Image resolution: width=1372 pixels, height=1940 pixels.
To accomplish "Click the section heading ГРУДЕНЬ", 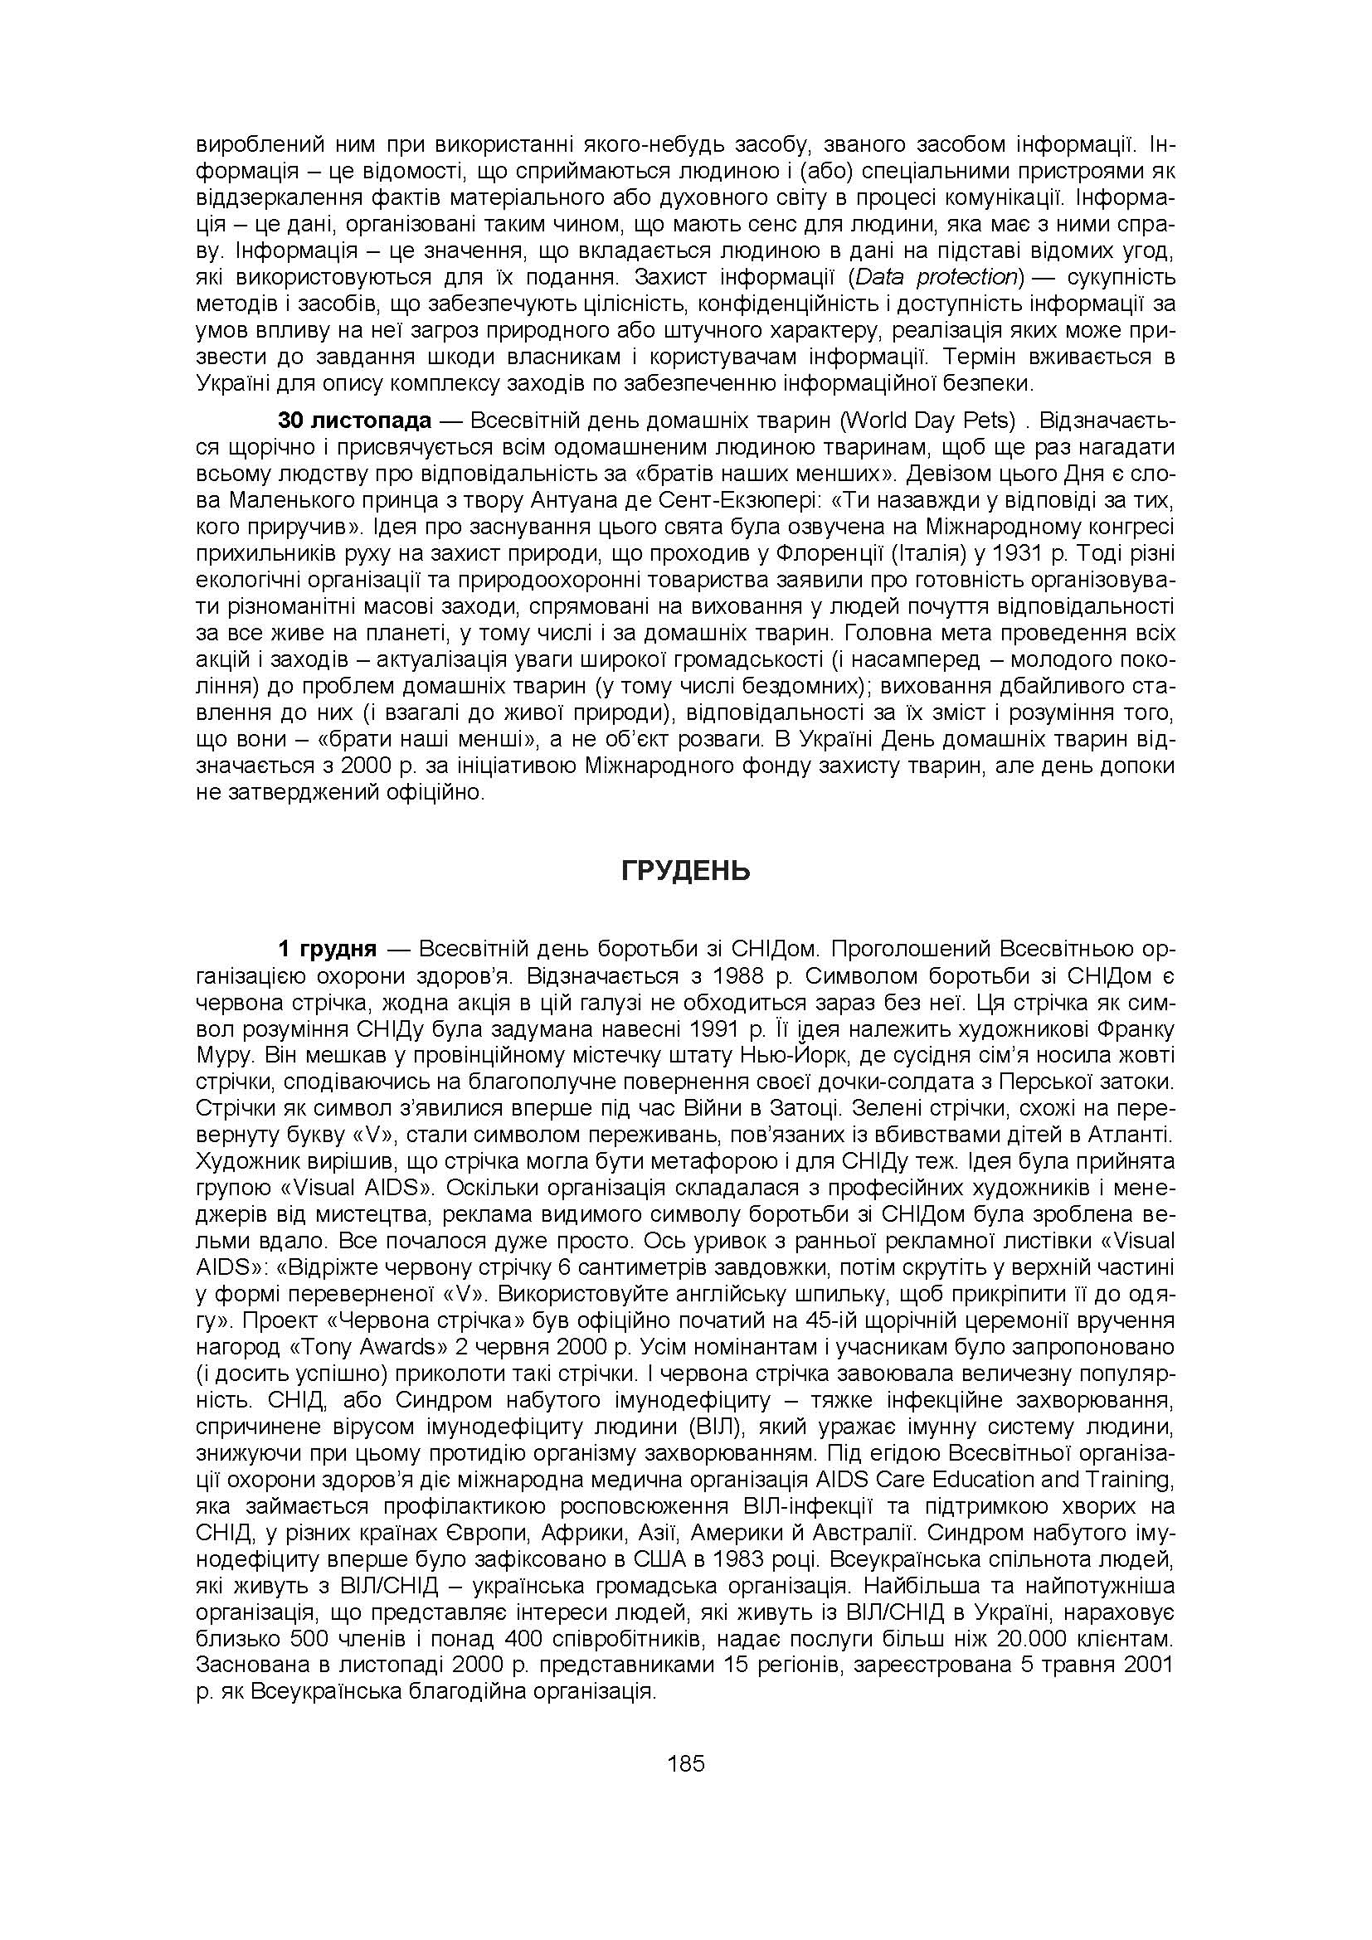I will [685, 872].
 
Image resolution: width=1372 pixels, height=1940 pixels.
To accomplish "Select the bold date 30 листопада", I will [355, 421].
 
